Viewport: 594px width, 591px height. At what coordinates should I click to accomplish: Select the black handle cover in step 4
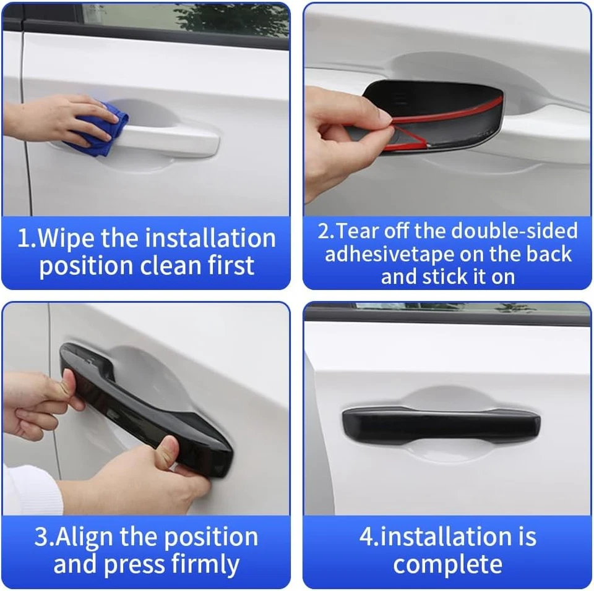441,425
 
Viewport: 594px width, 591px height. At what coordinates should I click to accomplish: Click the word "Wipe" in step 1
69,239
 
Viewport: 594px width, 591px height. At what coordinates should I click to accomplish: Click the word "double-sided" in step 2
514,231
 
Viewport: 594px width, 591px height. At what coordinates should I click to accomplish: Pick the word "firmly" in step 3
207,564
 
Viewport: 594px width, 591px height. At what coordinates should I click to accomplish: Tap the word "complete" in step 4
447,564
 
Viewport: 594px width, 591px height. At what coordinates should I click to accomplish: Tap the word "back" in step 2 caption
549,254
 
